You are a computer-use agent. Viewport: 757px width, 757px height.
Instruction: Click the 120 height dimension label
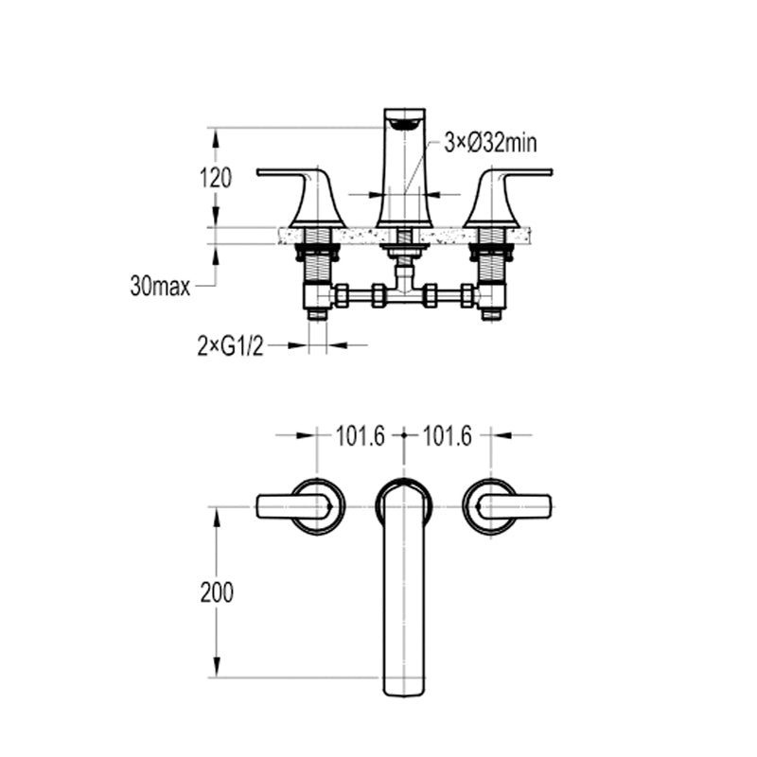(216, 178)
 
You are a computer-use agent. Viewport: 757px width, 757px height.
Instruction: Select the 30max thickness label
(160, 287)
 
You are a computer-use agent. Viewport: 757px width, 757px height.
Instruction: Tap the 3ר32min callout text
(490, 143)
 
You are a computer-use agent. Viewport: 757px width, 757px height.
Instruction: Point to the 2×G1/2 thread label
(230, 345)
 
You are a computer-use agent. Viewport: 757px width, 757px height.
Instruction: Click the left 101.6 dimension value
(361, 436)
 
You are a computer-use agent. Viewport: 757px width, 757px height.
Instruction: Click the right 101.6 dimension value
(447, 436)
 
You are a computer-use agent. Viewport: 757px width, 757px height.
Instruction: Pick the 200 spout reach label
(217, 592)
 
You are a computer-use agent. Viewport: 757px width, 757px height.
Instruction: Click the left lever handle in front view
(301, 197)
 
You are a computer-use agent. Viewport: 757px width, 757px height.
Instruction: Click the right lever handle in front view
(508, 197)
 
